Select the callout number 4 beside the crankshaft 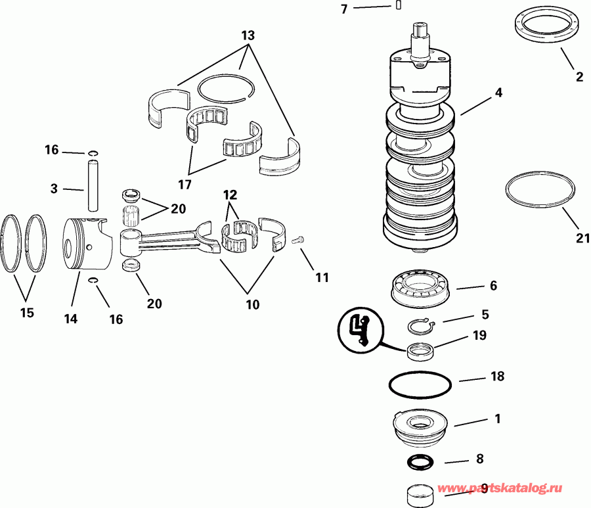click(x=498, y=93)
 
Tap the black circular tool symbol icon click(x=361, y=331)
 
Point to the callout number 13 click(x=248, y=35)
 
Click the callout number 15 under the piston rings click(x=27, y=313)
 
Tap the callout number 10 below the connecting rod click(x=252, y=304)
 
